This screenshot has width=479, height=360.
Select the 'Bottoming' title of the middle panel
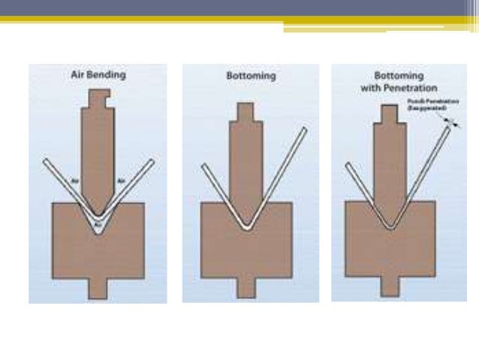coord(250,77)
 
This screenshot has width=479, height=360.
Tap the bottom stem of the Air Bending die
coord(98,288)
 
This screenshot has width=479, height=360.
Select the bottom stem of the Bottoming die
coord(249,288)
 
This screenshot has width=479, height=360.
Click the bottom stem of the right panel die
coord(390,288)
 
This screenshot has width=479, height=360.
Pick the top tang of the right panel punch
coord(388,113)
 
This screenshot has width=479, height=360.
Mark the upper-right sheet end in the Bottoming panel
coord(303,132)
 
